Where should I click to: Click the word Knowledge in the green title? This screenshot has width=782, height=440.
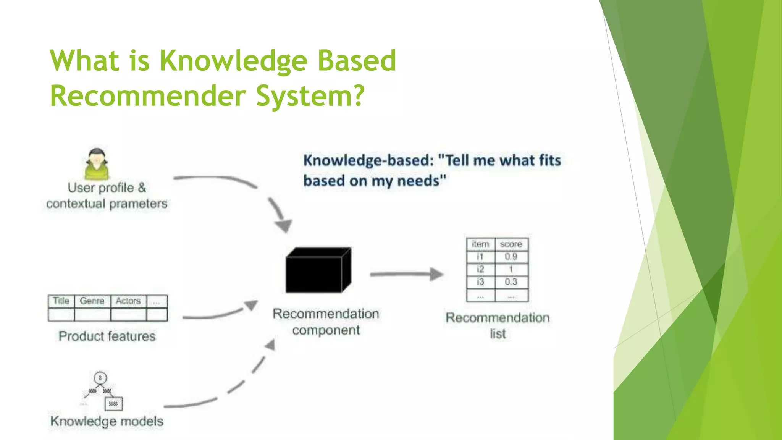click(233, 61)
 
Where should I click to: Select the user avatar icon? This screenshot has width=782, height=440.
click(97, 164)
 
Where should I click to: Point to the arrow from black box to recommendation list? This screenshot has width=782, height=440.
click(407, 274)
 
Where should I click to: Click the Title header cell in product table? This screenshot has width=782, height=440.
click(61, 301)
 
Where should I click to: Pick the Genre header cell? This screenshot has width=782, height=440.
click(92, 301)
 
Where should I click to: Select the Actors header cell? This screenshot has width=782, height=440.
click(128, 301)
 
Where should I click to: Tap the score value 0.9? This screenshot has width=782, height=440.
click(511, 257)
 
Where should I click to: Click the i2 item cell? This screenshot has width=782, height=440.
click(480, 269)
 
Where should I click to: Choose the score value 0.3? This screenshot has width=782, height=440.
click(511, 282)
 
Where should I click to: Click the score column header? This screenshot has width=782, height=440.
click(511, 244)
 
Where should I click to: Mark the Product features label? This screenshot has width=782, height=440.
click(107, 336)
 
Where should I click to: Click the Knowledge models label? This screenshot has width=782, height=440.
click(107, 421)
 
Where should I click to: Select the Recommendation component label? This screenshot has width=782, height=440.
click(326, 322)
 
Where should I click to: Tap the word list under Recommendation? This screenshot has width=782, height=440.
click(498, 334)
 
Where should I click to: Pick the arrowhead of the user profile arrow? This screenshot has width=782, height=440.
click(284, 225)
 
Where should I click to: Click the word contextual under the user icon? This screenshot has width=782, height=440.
click(75, 204)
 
